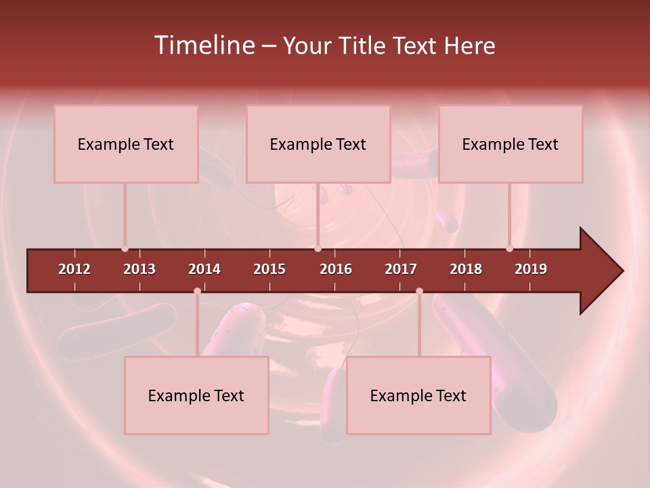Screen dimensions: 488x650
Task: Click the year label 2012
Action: coord(74,269)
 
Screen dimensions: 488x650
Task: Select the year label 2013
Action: coord(139,269)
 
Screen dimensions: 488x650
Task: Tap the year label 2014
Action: coord(204,269)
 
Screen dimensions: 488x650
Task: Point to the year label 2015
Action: coord(269,269)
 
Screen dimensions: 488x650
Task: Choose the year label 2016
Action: coord(336,269)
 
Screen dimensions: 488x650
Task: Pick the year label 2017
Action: coord(401,269)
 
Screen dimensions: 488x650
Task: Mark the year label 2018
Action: coord(466,269)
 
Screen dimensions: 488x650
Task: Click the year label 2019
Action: coord(531,269)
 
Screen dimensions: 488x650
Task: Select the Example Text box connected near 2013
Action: coord(126,144)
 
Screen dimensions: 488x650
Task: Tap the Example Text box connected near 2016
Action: coord(318,144)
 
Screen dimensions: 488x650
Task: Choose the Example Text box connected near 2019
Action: coord(511,144)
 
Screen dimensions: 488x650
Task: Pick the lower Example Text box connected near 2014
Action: coord(196,395)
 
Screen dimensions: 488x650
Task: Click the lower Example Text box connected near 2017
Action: coord(418,395)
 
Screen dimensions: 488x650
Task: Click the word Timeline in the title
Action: coord(204,45)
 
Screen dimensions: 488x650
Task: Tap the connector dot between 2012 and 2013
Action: coord(125,249)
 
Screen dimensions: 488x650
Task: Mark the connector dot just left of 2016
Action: coord(318,249)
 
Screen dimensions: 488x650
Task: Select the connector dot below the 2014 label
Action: coord(197,291)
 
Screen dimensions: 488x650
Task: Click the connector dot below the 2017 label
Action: coord(419,291)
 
